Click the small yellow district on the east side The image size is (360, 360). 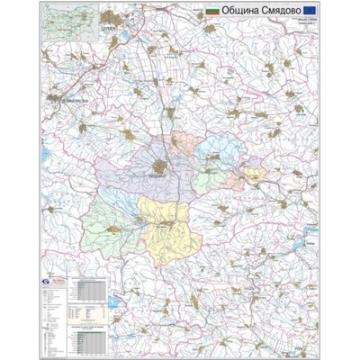[251, 176]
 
